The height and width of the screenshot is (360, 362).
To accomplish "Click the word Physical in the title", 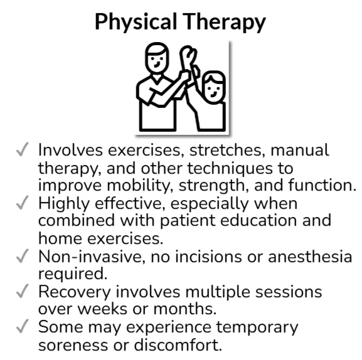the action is tap(136, 22).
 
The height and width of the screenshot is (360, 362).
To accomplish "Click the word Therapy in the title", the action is tap(224, 22).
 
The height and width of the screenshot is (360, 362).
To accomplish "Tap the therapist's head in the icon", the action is tap(157, 58).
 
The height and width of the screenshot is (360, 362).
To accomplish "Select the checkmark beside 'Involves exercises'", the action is tap(23, 149).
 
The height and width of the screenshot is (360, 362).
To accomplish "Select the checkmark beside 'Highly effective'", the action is tap(23, 203).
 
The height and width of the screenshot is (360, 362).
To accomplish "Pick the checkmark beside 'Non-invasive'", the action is tap(23, 256).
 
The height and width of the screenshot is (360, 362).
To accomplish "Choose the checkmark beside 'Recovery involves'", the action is tap(23, 291).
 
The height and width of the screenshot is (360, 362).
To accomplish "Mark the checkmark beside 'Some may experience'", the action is tap(23, 326).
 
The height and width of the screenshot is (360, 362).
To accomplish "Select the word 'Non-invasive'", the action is tap(92, 257).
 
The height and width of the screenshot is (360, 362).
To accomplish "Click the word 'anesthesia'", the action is tap(310, 257).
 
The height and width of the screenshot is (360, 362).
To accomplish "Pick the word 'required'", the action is tap(73, 274).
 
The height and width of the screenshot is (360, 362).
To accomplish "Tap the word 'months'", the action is tap(185, 309).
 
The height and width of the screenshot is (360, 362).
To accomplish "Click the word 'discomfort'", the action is tap(178, 345).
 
